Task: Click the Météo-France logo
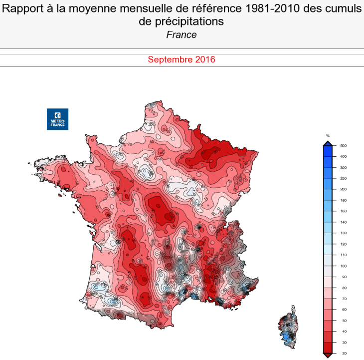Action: point(57,119)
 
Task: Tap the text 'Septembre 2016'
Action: point(182,59)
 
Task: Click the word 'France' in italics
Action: point(182,35)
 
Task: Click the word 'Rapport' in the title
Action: point(23,8)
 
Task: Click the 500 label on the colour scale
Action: point(343,146)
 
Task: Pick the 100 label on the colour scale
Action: point(343,266)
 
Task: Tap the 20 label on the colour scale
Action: point(343,353)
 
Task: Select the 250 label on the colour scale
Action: point(343,178)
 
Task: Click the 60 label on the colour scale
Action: point(343,310)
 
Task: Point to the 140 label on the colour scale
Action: point(343,222)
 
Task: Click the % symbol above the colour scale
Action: point(328,136)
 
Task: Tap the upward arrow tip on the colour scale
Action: point(328,143)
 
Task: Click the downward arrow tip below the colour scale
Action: point(328,356)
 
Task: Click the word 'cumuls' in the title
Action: point(344,8)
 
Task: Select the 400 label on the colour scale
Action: point(343,157)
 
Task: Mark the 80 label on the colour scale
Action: point(343,288)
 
